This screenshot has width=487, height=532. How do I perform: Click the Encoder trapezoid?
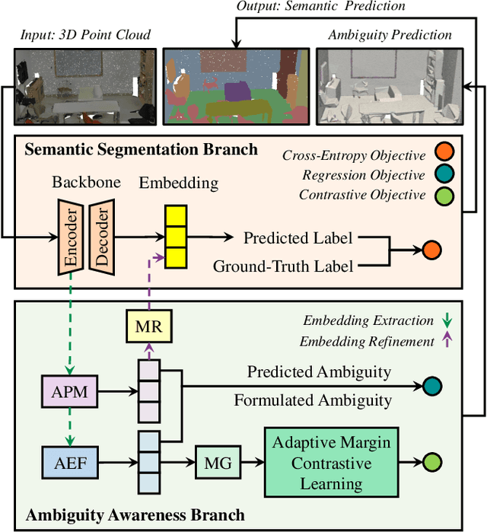(x=72, y=237)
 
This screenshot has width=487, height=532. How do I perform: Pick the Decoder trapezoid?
(x=102, y=237)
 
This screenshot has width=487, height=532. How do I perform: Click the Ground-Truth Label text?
(x=283, y=266)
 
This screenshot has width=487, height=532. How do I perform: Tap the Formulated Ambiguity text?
(x=313, y=400)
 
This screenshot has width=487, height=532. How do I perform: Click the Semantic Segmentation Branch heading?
(x=142, y=149)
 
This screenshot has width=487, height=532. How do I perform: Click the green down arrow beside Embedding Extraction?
(x=447, y=320)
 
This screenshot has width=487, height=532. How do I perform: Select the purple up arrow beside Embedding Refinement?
(x=447, y=340)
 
